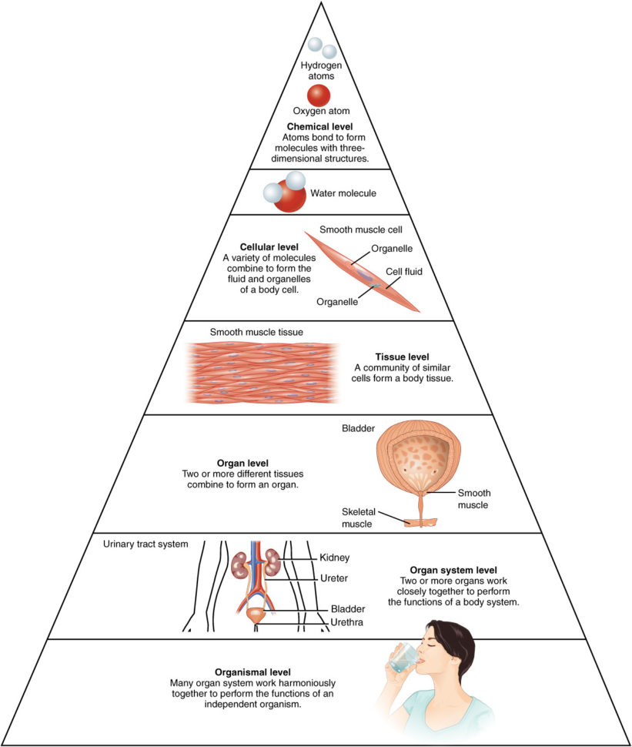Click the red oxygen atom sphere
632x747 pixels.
coord(319,95)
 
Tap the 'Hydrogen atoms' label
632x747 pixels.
coord(321,71)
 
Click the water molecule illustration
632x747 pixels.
coord(284,193)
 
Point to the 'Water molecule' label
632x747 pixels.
coord(343,193)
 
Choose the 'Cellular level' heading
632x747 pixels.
coord(248,246)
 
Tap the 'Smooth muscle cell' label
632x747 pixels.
coord(361,229)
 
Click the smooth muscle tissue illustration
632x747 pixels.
coord(262,371)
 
